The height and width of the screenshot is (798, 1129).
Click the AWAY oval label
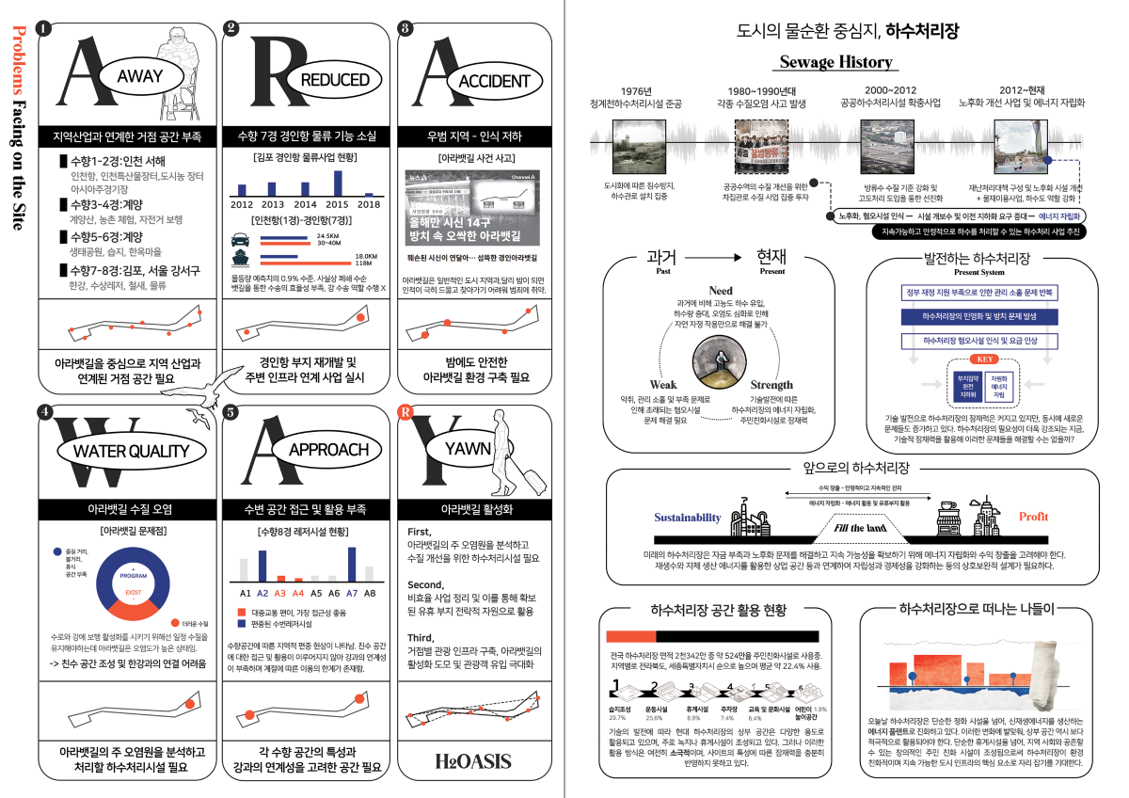[139, 76]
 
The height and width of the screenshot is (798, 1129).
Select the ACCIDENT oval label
[492, 82]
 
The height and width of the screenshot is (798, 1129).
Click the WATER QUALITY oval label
[131, 451]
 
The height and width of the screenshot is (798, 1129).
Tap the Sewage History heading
[835, 63]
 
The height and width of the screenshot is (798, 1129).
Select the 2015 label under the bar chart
[335, 203]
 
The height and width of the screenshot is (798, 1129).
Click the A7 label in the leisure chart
[352, 593]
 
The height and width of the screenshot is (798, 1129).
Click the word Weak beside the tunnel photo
[663, 385]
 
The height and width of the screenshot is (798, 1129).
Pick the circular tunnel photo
[720, 360]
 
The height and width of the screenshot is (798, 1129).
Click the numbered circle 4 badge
[44, 411]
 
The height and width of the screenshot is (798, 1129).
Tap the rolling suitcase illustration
[532, 477]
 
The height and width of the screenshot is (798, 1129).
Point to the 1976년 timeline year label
[636, 89]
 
